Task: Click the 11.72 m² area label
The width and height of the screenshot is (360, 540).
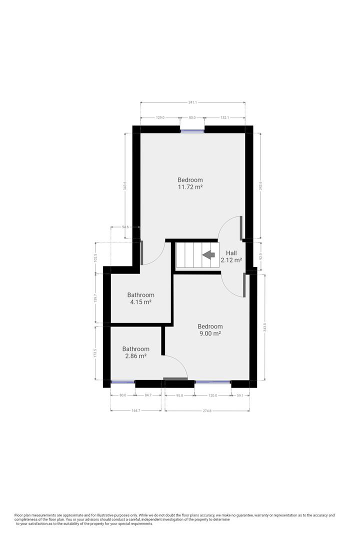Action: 190,187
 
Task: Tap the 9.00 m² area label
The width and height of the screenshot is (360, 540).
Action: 210,333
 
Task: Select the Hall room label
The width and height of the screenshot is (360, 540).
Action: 231,253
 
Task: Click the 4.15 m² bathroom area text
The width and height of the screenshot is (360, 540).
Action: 140,302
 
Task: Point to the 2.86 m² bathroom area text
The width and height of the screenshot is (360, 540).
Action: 135,356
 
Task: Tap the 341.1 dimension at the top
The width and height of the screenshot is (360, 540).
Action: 192,102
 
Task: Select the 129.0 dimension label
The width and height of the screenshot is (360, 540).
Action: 160,118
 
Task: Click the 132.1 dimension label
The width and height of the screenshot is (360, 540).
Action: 224,118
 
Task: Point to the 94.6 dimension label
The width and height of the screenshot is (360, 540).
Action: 125,227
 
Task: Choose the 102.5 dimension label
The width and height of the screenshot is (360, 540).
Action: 95,258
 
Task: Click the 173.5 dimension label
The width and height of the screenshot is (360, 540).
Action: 95,353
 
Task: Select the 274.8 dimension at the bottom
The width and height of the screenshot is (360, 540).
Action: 207,411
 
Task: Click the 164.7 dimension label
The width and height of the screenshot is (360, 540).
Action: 135,411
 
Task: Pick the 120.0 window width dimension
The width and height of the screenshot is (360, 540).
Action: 212,395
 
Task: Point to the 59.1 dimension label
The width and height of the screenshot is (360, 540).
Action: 240,395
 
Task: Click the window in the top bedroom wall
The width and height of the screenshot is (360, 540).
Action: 192,131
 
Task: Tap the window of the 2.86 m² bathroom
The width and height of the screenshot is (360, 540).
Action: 122,382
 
